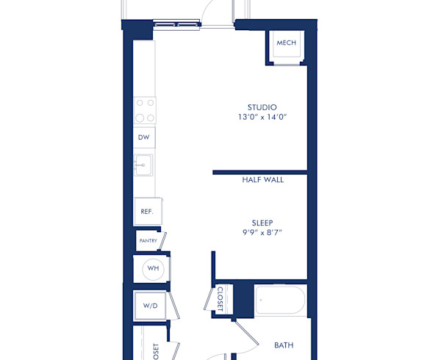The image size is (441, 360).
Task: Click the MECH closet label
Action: (x=286, y=43)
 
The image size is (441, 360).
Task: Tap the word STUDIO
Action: (x=262, y=107)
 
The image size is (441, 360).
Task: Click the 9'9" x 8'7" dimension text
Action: (x=262, y=232)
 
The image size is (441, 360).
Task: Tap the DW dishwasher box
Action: (x=145, y=137)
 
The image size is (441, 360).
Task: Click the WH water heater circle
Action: (x=152, y=268)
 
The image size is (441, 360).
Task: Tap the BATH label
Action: (x=284, y=345)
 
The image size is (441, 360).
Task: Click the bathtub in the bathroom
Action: (x=280, y=301)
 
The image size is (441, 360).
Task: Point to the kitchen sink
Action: (x=143, y=165)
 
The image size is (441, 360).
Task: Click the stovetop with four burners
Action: (x=145, y=110)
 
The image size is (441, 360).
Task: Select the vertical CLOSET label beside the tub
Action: (x=220, y=298)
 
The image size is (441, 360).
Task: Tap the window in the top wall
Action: (x=177, y=24)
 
